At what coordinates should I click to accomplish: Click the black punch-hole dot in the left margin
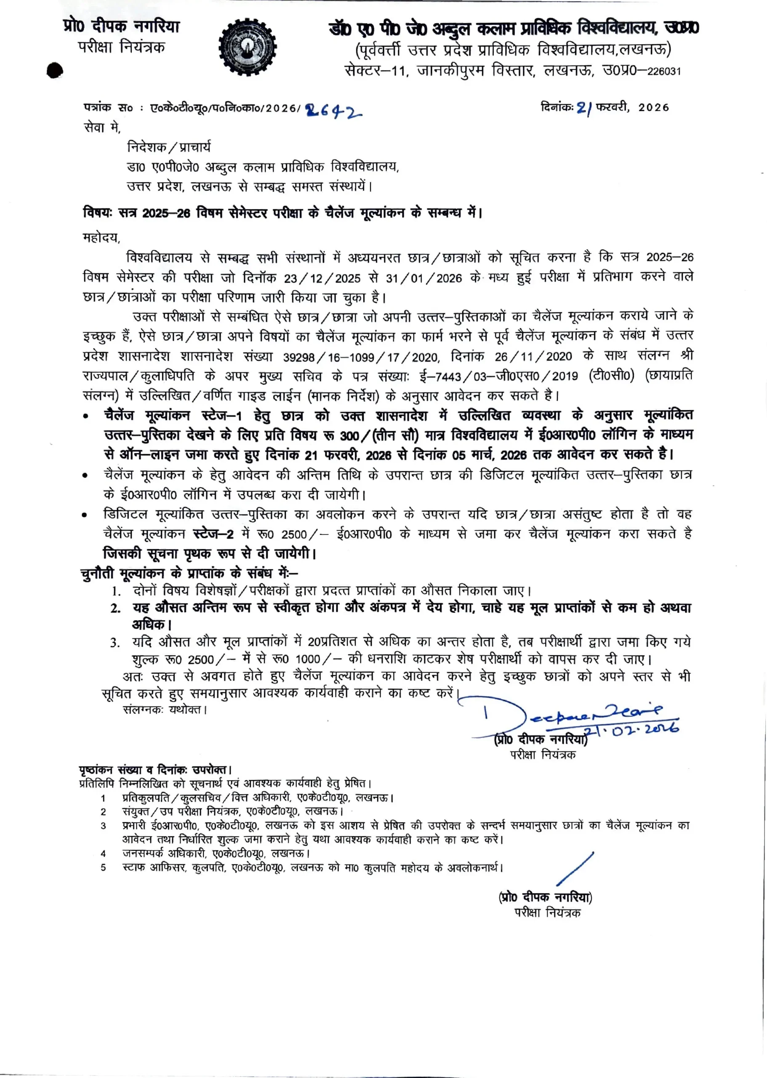coord(55,70)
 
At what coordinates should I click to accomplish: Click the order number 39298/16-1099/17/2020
coord(361,357)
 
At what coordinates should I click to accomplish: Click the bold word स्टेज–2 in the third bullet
coord(213,534)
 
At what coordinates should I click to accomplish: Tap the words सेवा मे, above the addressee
coord(102,128)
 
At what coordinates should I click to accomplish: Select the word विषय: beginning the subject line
coord(98,213)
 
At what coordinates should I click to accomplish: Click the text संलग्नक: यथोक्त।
coord(165,710)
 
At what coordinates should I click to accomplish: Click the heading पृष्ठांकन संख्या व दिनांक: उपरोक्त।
coord(155,770)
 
